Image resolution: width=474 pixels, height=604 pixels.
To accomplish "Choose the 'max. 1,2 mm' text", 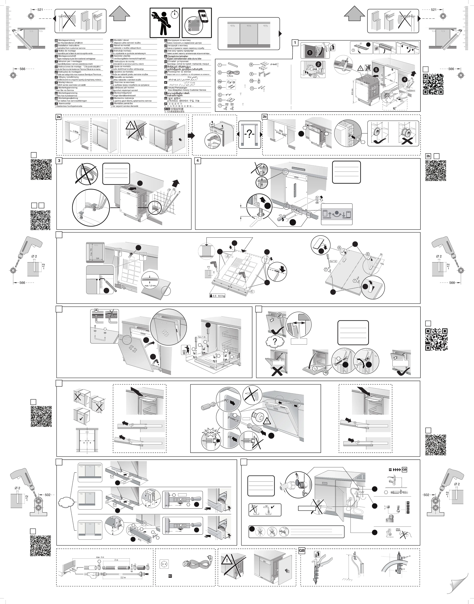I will pyautogui.click(x=150, y=286).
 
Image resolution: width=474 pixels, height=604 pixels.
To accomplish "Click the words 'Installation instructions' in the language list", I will pyautogui.click(x=68, y=45).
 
